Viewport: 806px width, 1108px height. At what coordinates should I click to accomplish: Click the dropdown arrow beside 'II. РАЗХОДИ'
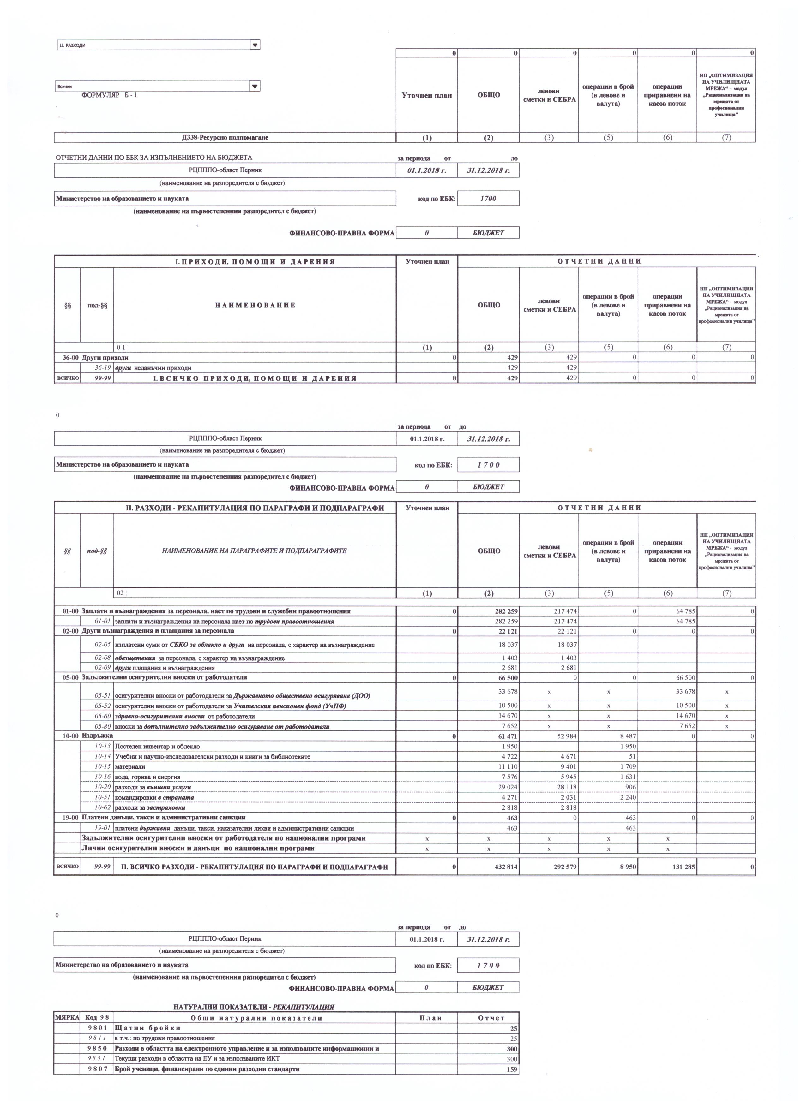(255, 45)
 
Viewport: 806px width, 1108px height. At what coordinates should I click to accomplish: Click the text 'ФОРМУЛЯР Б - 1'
(110, 95)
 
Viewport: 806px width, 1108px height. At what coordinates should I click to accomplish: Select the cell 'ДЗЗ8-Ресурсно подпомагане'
(225, 138)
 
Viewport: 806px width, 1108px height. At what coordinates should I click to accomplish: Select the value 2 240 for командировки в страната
(626, 798)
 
